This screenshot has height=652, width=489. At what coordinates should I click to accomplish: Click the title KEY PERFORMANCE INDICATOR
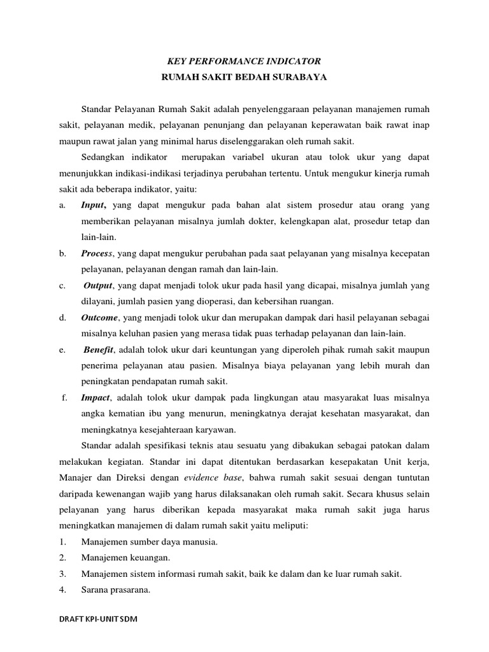coord(244,61)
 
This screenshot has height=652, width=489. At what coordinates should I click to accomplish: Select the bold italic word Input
coord(94,205)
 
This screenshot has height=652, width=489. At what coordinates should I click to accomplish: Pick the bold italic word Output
coord(99,286)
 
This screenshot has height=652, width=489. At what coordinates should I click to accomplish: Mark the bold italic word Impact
coord(96,397)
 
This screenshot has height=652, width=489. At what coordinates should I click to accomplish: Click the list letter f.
coord(64,397)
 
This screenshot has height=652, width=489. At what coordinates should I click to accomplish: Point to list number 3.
coord(62,574)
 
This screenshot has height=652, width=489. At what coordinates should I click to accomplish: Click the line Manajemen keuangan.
coord(125,558)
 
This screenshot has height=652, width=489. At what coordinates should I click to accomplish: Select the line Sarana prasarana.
coord(116,590)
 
